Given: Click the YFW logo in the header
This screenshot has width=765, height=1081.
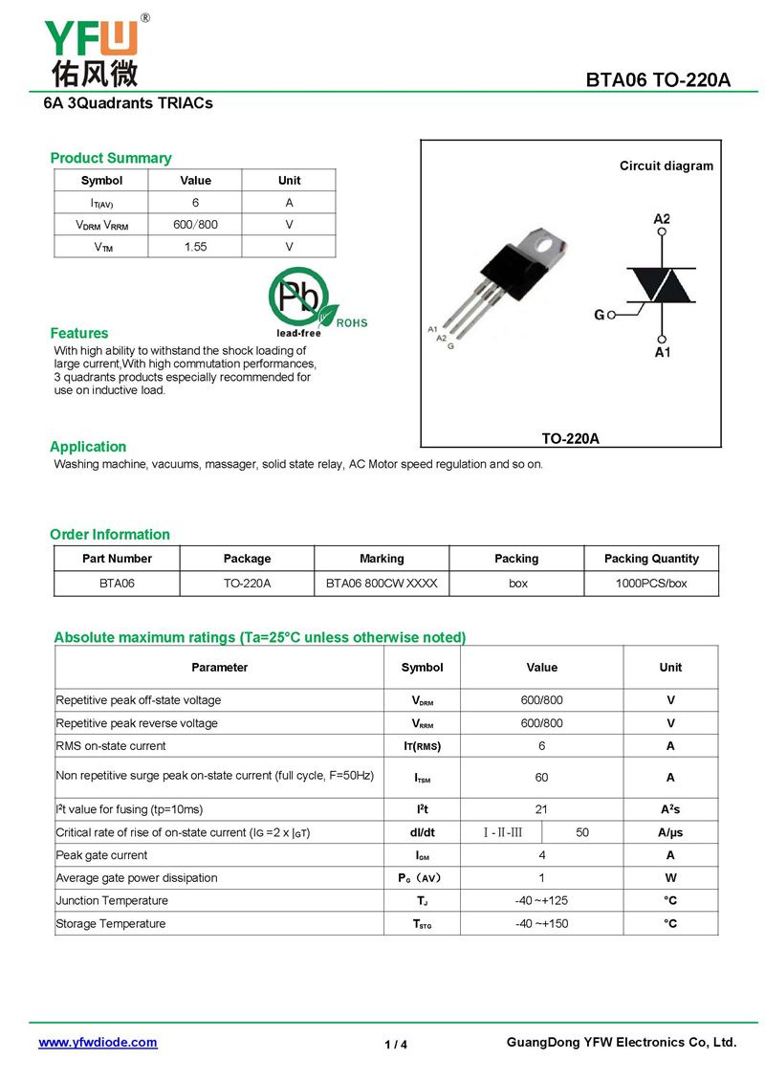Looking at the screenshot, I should tap(93, 50).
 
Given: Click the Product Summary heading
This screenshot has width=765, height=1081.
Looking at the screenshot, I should tap(111, 158).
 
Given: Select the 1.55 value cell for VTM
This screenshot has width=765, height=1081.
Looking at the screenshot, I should tap(195, 247).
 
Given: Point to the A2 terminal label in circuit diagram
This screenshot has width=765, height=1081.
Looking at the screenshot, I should tap(662, 219).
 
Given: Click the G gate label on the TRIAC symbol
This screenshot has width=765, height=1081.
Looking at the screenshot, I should tap(600, 315).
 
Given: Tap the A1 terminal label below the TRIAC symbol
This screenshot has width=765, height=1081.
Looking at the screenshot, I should tap(662, 353).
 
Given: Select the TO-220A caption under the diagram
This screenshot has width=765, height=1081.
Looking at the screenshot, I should tap(570, 438).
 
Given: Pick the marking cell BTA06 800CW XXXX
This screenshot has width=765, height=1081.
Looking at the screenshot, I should tap(382, 583).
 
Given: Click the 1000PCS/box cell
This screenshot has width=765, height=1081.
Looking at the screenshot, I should tap(651, 583).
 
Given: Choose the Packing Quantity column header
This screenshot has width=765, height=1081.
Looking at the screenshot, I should tap(651, 559).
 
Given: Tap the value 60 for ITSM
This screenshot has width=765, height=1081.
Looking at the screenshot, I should tap(541, 778).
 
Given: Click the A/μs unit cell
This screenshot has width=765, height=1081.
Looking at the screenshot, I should tap(670, 832).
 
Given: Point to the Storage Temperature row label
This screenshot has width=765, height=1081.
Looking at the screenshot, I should tap(111, 923).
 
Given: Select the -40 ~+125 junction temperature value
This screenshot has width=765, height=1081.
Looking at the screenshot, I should tap(541, 900).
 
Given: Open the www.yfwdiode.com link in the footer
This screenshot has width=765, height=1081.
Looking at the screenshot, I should tap(98, 1043).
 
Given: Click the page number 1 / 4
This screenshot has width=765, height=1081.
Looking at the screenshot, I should tap(396, 1045).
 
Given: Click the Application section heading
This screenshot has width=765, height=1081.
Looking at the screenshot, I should tap(88, 447).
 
